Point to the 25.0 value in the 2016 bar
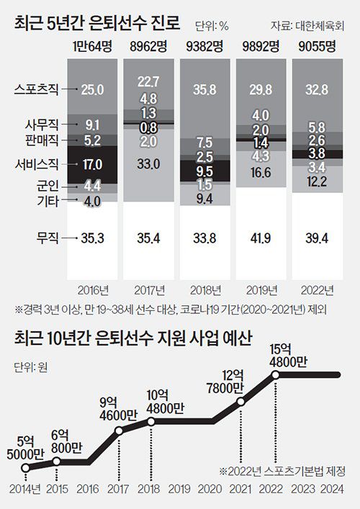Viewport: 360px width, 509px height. click(94, 89)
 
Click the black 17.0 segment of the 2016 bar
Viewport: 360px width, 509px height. click(94, 164)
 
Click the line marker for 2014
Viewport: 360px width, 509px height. click(25, 468)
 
